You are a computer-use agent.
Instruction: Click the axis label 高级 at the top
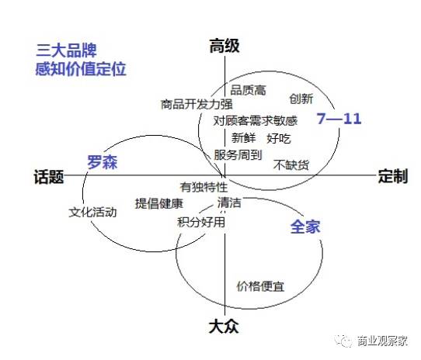[224, 46]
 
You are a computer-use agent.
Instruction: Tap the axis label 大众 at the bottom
[224, 327]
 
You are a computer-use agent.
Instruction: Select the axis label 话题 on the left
[49, 177]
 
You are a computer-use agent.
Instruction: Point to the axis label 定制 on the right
[393, 176]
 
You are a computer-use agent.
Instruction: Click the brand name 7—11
[339, 118]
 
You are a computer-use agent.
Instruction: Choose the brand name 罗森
[103, 162]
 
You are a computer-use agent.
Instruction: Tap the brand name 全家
[305, 227]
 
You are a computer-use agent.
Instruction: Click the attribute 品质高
[249, 90]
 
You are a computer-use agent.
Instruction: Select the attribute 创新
[301, 99]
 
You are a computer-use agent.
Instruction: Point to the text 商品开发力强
[197, 104]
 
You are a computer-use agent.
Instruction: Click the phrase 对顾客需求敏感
[256, 121]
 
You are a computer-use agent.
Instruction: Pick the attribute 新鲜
[243, 138]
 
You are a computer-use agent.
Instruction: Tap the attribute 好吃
[279, 139]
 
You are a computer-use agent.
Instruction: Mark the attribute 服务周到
[238, 155]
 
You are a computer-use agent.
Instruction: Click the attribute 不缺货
[291, 165]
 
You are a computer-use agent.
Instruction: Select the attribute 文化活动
[92, 212]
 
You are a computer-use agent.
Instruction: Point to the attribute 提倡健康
[159, 203]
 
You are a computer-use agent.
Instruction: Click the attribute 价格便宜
[260, 286]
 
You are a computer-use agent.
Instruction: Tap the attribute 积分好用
[201, 222]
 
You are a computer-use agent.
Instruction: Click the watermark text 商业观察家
[382, 341]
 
